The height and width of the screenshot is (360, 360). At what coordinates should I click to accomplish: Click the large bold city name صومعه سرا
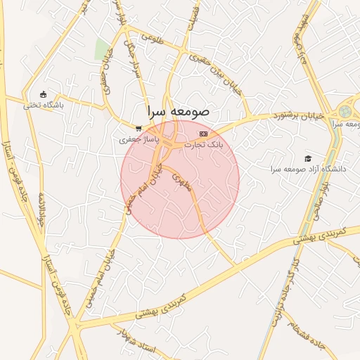click(178, 112)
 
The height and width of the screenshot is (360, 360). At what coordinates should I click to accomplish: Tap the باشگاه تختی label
click(43, 105)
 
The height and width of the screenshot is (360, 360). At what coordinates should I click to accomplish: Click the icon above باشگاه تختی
click(44, 95)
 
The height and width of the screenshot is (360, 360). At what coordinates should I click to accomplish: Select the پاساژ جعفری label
click(138, 140)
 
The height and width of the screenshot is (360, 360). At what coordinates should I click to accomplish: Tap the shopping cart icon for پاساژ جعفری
click(139, 129)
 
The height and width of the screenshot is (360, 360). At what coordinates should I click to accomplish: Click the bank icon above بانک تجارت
click(204, 133)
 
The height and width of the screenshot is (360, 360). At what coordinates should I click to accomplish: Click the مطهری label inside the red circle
click(181, 181)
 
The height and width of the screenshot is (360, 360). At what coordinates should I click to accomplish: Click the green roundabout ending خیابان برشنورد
click(345, 112)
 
